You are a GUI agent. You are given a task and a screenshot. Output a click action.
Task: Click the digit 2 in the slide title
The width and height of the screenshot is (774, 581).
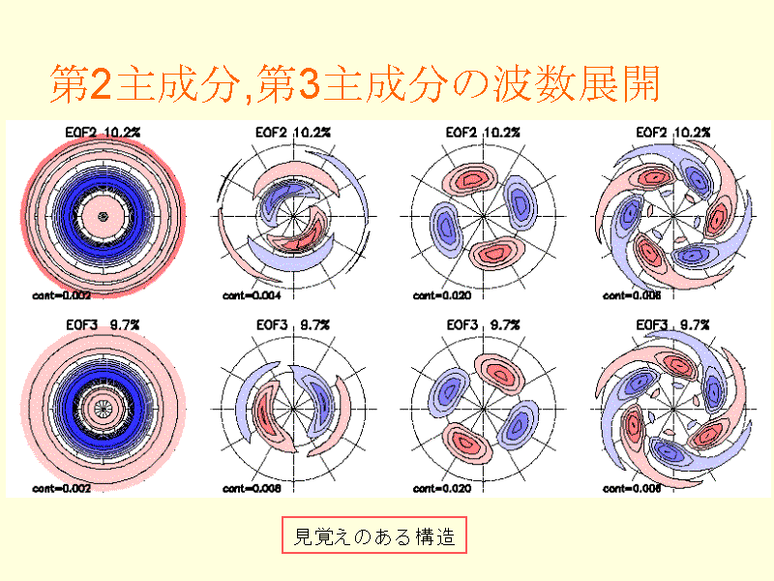100,85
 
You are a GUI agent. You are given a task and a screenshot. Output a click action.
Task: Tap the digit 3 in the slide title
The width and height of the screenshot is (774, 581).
309,85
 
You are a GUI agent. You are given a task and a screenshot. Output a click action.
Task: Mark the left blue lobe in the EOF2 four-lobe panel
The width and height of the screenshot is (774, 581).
445,229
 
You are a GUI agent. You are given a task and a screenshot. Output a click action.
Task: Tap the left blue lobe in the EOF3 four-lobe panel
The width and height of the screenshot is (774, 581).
447,396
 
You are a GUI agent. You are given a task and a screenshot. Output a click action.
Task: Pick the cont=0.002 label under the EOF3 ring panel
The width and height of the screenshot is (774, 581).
61,489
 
